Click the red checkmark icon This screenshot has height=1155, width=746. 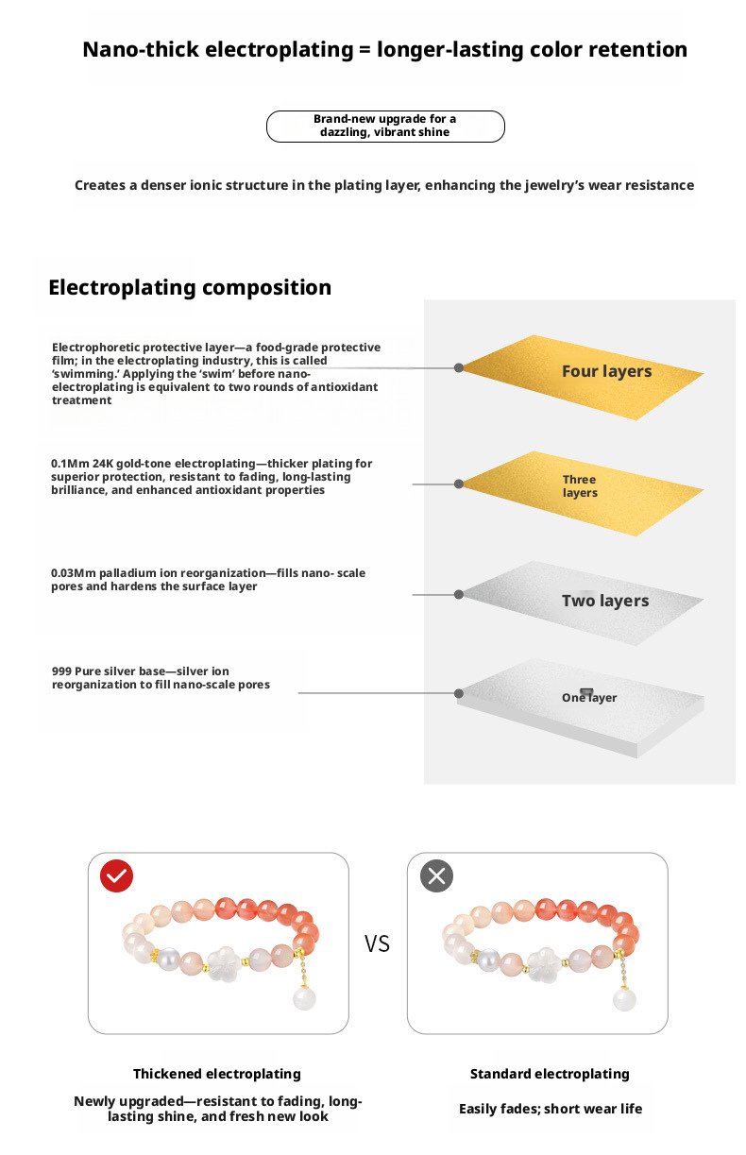pos(117,876)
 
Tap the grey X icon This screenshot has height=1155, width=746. pos(436,876)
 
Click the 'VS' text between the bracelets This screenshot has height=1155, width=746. pos(377,943)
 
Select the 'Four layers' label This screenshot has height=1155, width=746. pos(606,371)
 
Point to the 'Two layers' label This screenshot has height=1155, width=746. pos(605,601)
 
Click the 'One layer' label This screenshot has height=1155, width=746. pos(589,697)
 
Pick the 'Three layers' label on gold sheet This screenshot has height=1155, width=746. pos(580,485)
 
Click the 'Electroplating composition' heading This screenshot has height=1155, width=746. pos(190,287)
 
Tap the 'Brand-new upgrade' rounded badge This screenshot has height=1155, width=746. pos(385,126)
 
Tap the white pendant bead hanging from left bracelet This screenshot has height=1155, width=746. pos(304,999)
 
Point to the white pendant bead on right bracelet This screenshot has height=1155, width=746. pos(623,999)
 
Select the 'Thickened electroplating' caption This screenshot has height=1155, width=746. pos(217,1073)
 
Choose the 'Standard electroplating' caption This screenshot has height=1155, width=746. pos(550,1073)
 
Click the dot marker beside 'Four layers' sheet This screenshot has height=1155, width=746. pos(459,367)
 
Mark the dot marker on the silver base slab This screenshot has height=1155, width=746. pos(459,692)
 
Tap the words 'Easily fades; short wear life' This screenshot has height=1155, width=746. pos(551,1109)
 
